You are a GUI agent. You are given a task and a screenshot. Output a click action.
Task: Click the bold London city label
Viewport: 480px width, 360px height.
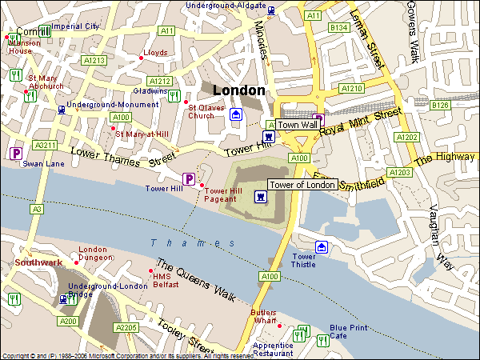238,90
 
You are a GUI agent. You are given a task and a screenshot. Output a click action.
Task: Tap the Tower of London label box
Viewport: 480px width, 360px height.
302,185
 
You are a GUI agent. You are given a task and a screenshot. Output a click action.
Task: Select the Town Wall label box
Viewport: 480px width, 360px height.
298,125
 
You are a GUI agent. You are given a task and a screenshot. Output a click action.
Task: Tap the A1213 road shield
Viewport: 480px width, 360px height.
94,60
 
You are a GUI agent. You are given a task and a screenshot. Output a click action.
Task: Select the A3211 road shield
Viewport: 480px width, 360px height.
46,146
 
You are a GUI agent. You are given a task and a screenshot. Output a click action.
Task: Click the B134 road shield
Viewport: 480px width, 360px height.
339,28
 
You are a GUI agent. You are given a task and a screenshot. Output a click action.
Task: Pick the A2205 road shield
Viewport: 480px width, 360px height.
126,327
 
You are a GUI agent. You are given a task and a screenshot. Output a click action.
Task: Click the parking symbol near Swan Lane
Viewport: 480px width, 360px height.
14,153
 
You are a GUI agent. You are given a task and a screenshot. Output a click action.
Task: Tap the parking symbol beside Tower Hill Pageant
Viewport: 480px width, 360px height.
190,178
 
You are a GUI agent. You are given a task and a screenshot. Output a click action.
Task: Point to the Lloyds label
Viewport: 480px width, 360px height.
155,53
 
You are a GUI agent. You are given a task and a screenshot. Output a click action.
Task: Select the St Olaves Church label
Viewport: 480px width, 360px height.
201,111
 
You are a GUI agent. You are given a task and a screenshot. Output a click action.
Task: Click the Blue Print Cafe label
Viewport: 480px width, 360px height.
349,332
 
